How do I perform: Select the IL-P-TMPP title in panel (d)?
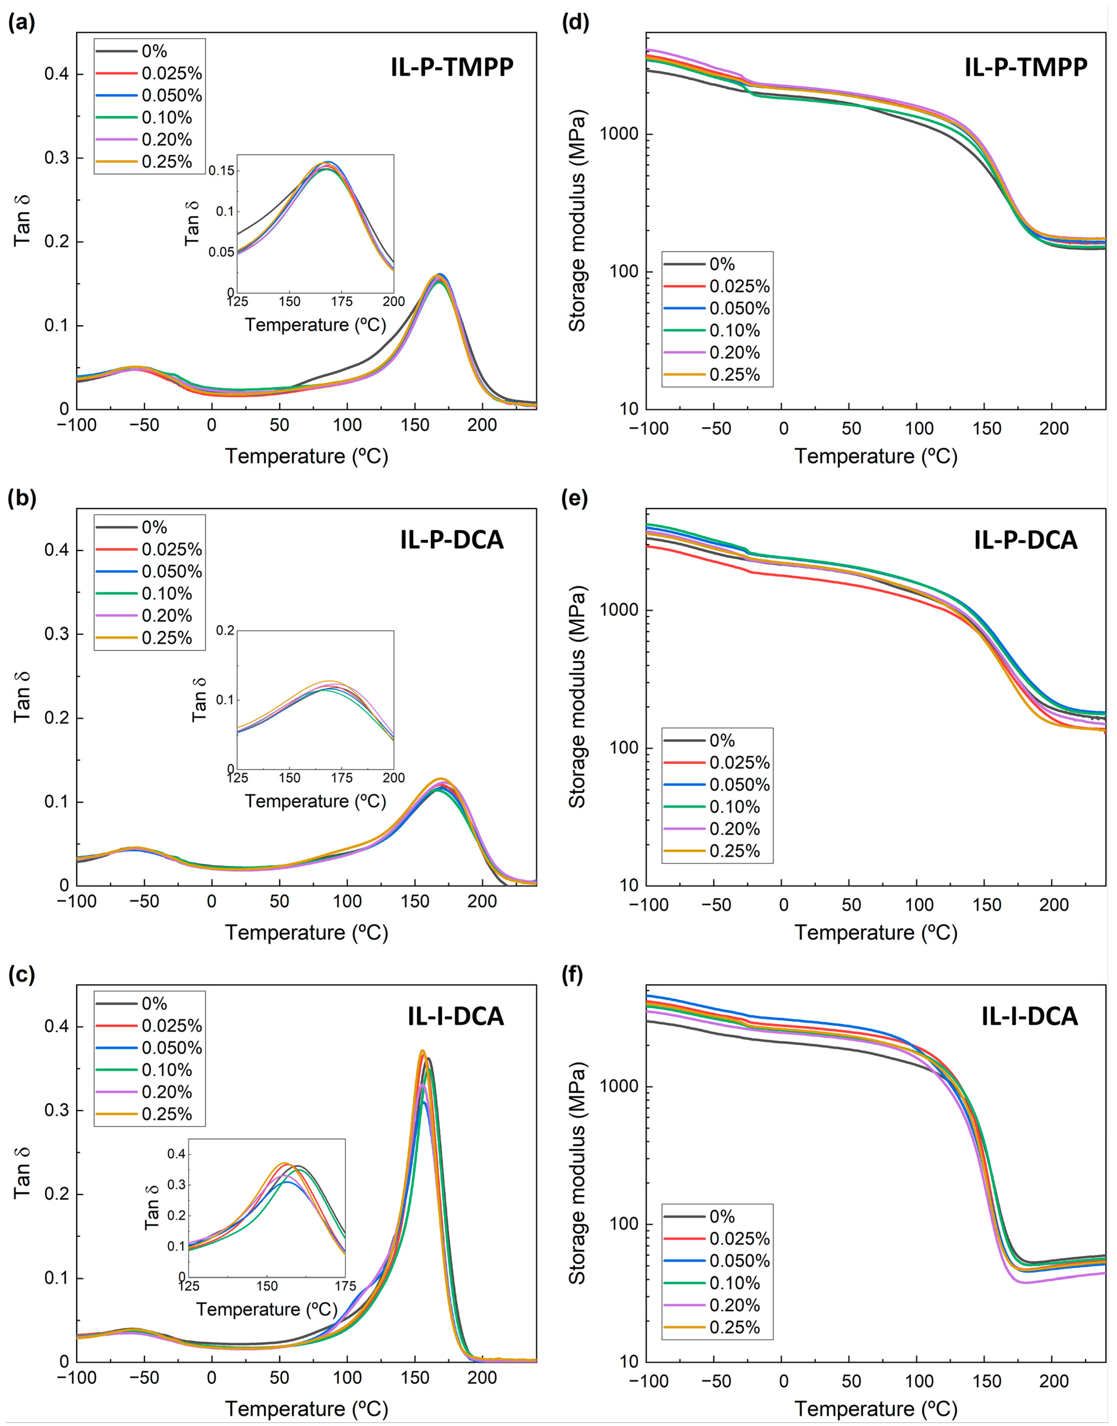point(1025,67)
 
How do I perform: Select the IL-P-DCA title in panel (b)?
point(452,540)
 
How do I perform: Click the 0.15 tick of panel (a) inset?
point(221,171)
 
